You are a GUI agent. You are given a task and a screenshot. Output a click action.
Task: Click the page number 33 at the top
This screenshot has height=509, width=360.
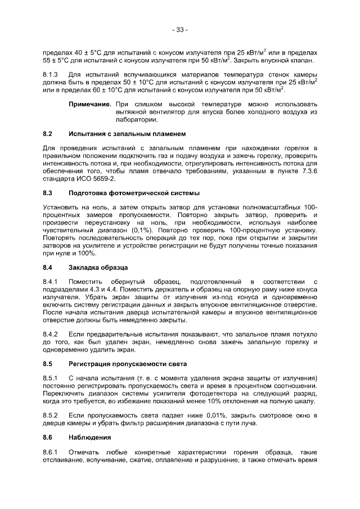180,29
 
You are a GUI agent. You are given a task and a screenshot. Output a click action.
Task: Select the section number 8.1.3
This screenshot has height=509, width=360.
51,75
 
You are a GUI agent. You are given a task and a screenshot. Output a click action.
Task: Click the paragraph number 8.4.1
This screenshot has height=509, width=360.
51,281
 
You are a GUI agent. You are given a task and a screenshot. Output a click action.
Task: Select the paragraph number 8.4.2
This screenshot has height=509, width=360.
51,334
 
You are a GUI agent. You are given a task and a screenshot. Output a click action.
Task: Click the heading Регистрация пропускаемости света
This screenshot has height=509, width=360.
128,363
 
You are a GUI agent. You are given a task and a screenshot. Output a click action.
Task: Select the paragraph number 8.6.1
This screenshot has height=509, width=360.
51,452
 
